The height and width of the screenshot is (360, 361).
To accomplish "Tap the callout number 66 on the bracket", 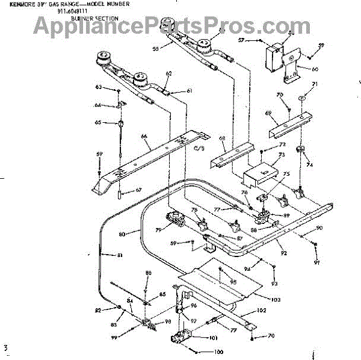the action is pyautogui.click(x=144, y=137).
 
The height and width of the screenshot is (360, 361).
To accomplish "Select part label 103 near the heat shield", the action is pyautogui.click(x=276, y=299).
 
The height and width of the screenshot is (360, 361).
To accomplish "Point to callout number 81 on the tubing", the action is pyautogui.click(x=120, y=256).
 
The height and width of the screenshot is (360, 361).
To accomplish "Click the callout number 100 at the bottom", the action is pyautogui.click(x=218, y=352).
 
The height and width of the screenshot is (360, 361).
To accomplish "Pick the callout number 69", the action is pyautogui.click(x=269, y=113).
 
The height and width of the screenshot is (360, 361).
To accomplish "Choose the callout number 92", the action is pyautogui.click(x=283, y=244).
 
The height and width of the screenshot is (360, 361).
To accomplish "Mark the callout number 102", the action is pyautogui.click(x=261, y=311).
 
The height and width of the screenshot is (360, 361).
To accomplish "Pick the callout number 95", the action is pyautogui.click(x=233, y=282).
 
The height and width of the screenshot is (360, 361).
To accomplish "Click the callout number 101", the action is pyautogui.click(x=213, y=338).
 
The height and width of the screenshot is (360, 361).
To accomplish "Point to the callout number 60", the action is pyautogui.click(x=315, y=69).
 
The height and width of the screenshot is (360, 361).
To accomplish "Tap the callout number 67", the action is pyautogui.click(x=138, y=190).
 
